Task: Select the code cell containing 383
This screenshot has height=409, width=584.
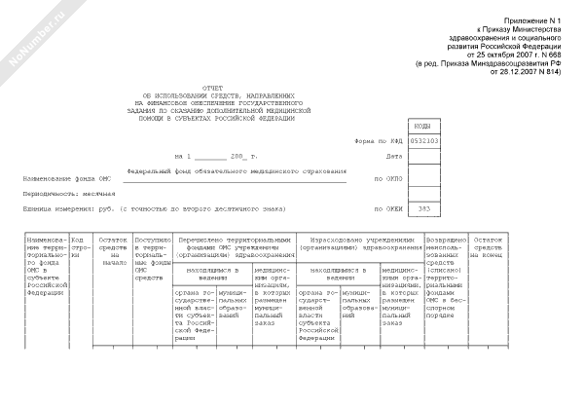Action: (424, 208)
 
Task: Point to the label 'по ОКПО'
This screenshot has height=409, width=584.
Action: (386, 179)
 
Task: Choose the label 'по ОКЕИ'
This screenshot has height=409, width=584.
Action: (386, 208)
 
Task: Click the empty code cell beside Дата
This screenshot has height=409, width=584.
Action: (424, 156)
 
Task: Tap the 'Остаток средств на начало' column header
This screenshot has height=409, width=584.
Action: (113, 251)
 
